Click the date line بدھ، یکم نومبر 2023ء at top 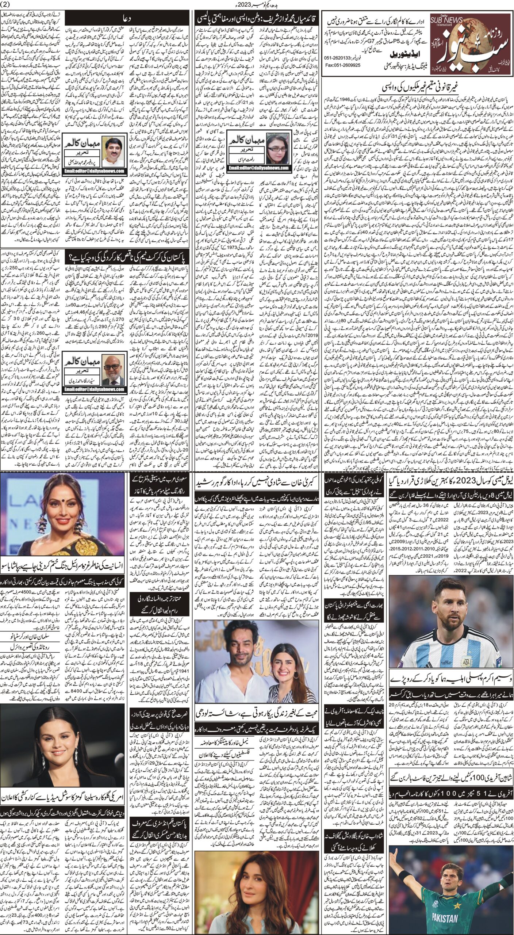(x=257, y=4)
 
